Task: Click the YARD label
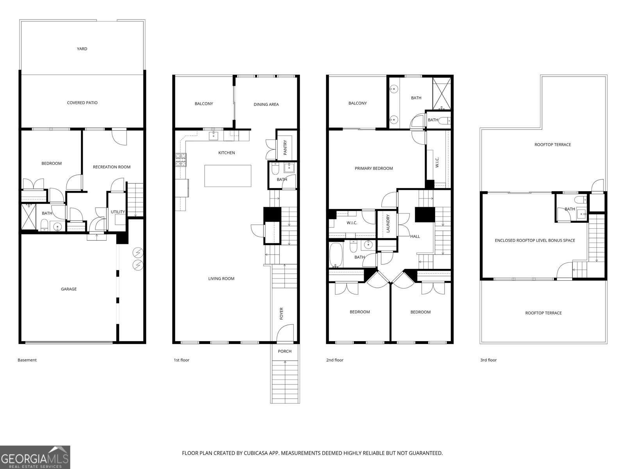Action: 82,49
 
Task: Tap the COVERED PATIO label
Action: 82,103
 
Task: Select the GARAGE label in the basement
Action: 69,289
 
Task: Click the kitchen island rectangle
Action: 228,176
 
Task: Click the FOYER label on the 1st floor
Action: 282,313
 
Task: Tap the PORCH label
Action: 285,351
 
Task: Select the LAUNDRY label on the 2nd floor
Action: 388,224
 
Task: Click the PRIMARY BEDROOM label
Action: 374,168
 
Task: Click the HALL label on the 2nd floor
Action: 415,236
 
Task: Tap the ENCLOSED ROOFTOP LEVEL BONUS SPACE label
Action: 535,240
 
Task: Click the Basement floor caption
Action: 27,360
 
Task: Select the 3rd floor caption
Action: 488,360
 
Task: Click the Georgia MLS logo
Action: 35,457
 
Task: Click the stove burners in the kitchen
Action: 181,160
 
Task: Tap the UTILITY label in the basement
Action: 118,212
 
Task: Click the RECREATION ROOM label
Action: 112,167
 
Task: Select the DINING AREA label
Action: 266,104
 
